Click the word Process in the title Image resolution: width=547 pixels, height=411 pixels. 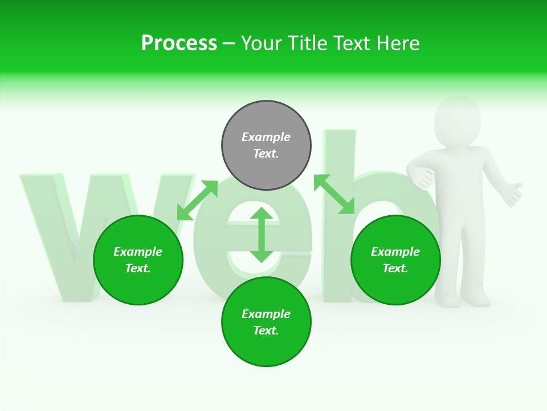179,43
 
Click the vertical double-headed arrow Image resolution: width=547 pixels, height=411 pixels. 262,235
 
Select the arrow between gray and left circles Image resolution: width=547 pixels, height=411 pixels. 197,200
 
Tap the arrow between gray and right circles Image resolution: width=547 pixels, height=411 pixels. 334,194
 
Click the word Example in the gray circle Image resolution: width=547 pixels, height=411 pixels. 266,137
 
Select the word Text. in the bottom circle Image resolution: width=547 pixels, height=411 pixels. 266,331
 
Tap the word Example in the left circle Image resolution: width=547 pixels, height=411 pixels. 138,252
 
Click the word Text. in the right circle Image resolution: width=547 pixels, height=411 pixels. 395,268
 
